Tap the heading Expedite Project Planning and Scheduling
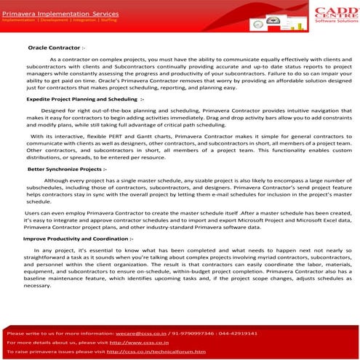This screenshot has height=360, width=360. point(85,97)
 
